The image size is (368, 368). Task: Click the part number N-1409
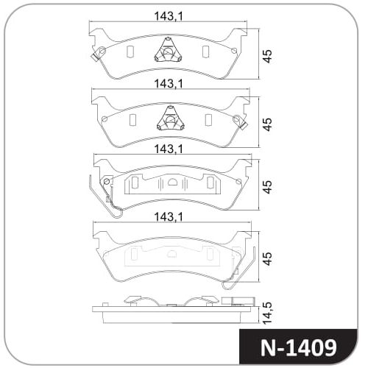click(298, 347)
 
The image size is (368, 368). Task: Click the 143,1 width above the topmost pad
click(169, 16)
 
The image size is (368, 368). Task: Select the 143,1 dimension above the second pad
click(169, 84)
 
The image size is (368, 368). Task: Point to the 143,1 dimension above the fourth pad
click(169, 217)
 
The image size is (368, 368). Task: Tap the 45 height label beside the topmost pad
click(268, 57)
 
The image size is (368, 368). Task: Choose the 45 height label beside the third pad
click(268, 187)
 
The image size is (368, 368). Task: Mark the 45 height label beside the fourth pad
click(268, 258)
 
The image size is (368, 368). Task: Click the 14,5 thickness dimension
click(268, 313)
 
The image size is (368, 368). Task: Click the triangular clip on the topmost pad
click(169, 50)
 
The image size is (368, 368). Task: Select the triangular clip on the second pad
click(171, 118)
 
